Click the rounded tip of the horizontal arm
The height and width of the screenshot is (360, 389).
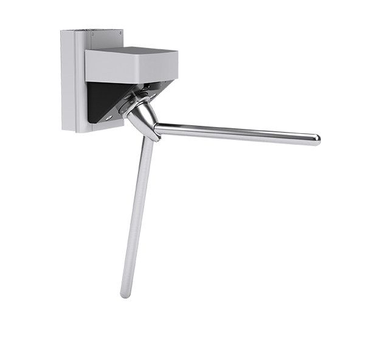point(316,140)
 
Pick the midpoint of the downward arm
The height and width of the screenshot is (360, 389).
point(137,216)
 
